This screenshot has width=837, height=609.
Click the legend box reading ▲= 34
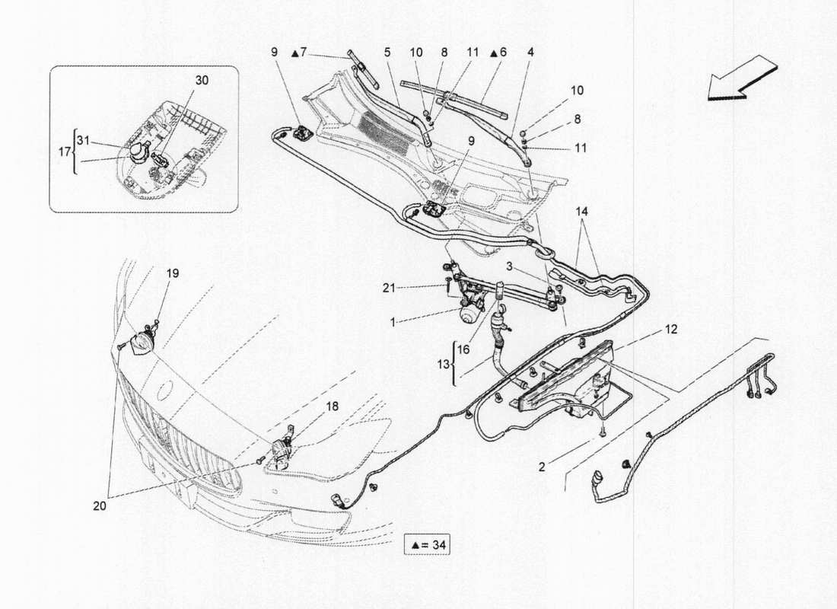pyautogui.click(x=431, y=545)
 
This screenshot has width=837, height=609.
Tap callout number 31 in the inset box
pyautogui.click(x=84, y=139)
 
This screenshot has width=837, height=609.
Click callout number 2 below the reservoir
pyautogui.click(x=542, y=467)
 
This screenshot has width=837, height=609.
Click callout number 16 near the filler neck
pyautogui.click(x=463, y=349)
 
